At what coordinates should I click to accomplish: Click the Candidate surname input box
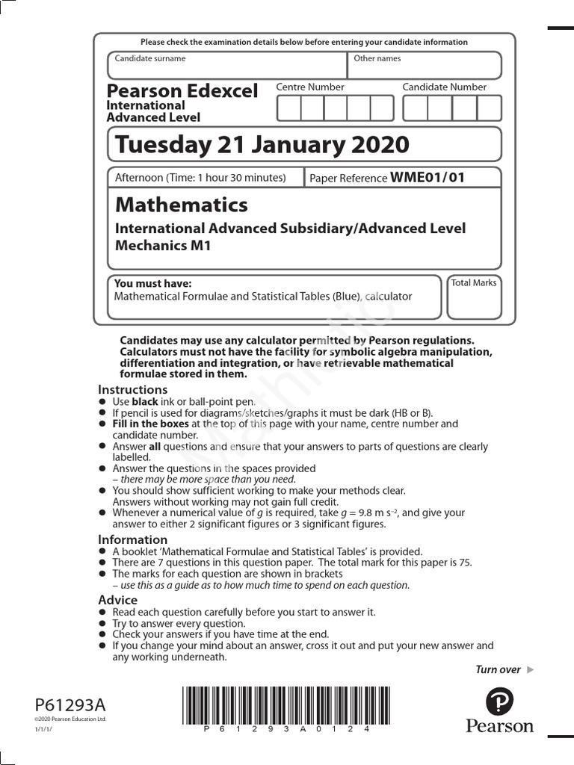pos(227,66)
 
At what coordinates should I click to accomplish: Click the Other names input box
pos(424,66)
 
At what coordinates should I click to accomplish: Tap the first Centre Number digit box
pos(288,108)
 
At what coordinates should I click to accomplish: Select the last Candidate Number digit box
pos(489,108)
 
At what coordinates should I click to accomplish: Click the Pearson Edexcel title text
pos(182,91)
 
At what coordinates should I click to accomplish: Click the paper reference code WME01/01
pos(428,178)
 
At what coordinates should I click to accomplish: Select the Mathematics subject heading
pos(182,205)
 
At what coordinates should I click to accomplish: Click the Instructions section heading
pos(133,389)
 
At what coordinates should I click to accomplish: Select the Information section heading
pos(133,539)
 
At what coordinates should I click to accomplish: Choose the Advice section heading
pos(118,600)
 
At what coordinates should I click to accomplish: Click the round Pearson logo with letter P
pos(499,701)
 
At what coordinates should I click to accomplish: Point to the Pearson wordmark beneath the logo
pos(500,726)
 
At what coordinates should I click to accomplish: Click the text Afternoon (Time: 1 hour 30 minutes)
pos(200,178)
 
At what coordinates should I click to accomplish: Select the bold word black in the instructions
pos(145,401)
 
